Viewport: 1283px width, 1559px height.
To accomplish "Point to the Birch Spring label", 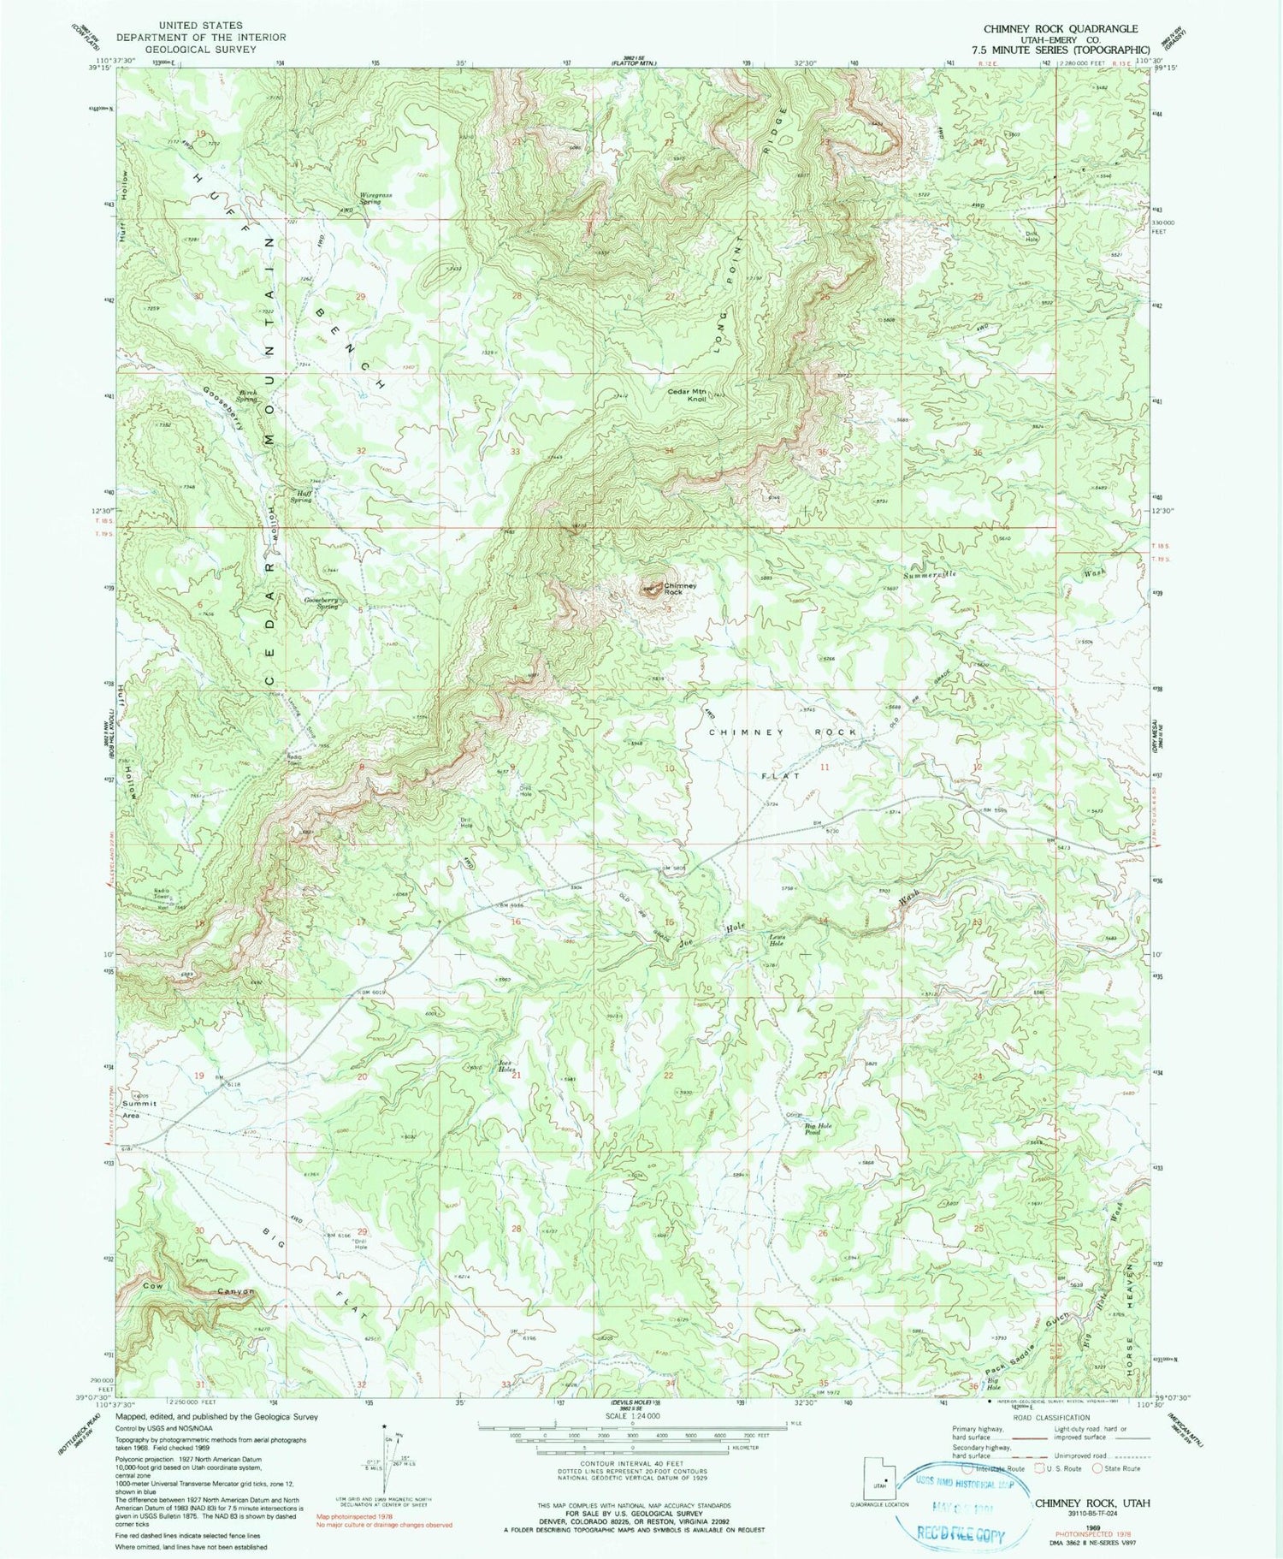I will [x=246, y=396].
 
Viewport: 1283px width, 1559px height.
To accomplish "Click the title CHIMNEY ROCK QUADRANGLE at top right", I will [x=1061, y=29].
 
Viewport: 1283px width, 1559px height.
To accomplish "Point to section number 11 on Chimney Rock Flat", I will [x=825, y=768].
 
